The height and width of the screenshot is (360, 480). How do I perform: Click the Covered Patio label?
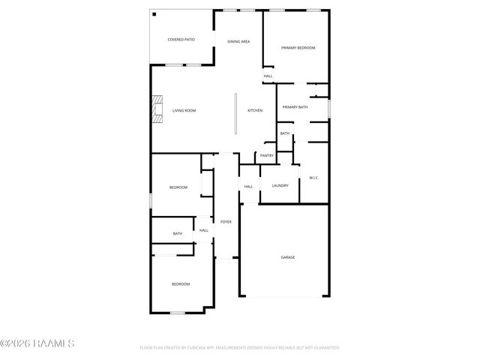point(181,39)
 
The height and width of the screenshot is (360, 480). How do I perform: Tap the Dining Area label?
point(238,41)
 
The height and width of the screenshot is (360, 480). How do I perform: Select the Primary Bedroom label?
point(298,48)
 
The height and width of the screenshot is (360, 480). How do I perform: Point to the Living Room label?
point(184,111)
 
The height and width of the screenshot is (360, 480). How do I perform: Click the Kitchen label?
point(255,111)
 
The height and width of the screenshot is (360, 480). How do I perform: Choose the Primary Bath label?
point(295,107)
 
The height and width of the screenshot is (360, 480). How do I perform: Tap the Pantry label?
point(266,156)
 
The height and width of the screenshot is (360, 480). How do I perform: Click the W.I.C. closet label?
point(314,178)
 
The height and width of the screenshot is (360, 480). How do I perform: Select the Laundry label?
point(280,186)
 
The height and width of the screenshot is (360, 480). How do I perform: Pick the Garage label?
point(288,257)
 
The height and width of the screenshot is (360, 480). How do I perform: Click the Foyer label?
point(226,222)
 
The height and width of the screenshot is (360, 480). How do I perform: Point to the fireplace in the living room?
point(157,110)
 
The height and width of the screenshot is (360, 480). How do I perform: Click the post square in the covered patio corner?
point(154,14)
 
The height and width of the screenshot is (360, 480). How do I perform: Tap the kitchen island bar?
point(235,113)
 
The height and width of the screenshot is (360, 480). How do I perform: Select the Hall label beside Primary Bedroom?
point(268,76)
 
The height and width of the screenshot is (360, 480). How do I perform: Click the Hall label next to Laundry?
point(248,186)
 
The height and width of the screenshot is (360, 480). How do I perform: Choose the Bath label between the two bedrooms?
point(178,234)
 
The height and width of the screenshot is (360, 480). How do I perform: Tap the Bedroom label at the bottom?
point(181,284)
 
